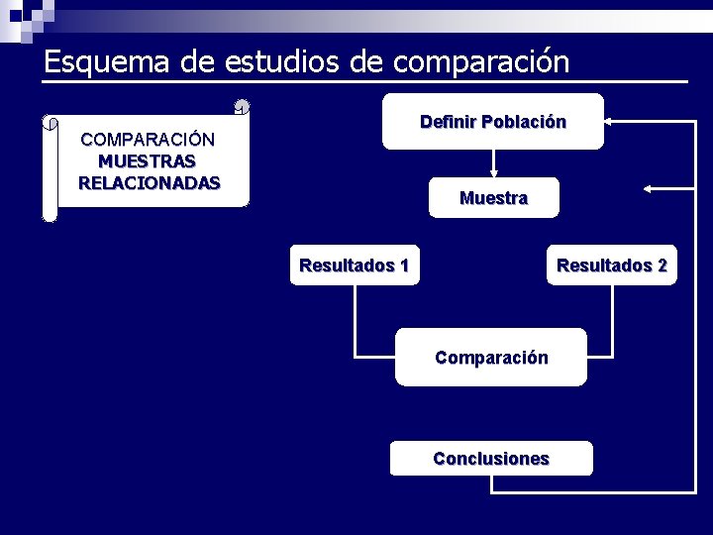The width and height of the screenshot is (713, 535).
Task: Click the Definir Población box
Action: [x=493, y=122]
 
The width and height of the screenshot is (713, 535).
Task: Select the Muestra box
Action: [x=493, y=198]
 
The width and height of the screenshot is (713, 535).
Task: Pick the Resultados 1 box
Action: [x=354, y=266]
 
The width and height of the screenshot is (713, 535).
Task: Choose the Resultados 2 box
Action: [x=612, y=266]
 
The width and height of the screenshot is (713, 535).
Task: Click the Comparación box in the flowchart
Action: [x=491, y=358]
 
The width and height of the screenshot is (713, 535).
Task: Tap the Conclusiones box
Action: [x=491, y=459]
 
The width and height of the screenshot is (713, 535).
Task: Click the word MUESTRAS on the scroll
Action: [x=147, y=160]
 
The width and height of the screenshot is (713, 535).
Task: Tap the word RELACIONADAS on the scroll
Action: [x=149, y=182]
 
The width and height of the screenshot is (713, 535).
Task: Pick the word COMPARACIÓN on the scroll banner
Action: [x=148, y=139]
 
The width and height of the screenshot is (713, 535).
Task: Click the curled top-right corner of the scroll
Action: [x=242, y=107]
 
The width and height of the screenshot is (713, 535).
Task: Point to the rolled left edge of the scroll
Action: [x=51, y=168]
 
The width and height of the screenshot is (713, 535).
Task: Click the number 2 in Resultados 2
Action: [x=662, y=266]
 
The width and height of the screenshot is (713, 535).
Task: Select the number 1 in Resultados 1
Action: [x=403, y=266]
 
